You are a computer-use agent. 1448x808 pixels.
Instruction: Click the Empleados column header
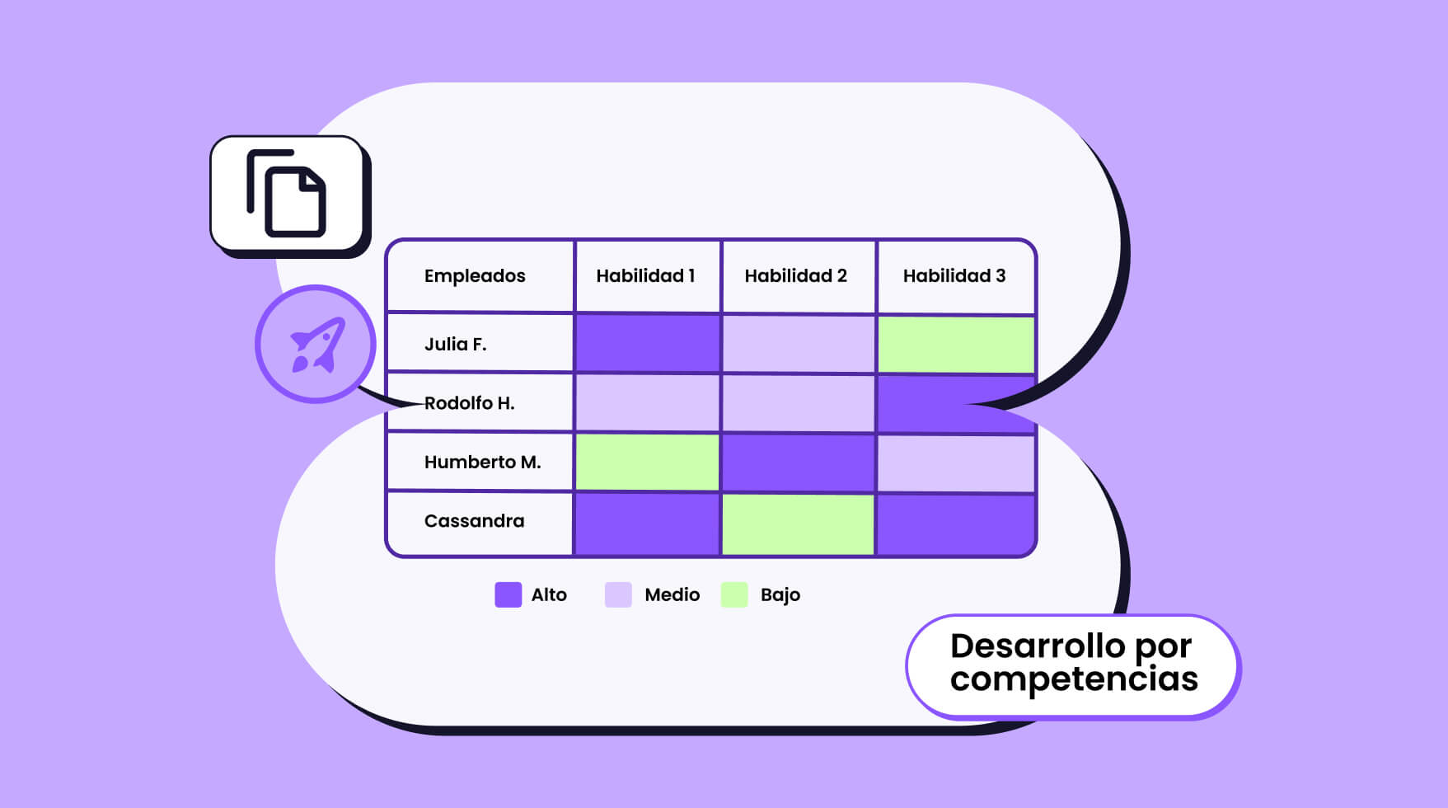pos(475,275)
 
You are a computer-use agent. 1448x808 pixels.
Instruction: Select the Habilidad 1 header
pos(645,275)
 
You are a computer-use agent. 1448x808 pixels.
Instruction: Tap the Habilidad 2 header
pos(795,275)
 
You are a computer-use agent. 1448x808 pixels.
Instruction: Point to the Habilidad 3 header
pos(954,275)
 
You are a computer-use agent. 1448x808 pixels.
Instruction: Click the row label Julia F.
pos(456,344)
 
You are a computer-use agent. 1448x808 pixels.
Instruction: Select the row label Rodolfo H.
pos(469,403)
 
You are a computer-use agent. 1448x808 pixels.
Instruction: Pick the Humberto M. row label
pos(483,462)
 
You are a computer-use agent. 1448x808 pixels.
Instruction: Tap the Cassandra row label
pos(474,521)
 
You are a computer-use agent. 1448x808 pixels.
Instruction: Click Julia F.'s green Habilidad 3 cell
pos(956,345)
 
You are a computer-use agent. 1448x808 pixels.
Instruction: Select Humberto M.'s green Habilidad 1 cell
pos(647,463)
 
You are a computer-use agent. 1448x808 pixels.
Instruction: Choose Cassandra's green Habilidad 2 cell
pos(798,524)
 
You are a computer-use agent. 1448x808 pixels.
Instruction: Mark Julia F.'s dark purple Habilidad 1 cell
pos(647,343)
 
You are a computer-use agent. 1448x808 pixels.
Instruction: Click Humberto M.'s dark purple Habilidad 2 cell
pos(798,463)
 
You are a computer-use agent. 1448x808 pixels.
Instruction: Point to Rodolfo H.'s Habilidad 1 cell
pos(647,403)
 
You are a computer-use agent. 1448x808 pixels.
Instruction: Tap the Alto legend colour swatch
pos(508,594)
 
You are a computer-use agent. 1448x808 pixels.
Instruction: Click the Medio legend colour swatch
pos(618,594)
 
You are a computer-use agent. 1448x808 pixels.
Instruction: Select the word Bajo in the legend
pos(780,595)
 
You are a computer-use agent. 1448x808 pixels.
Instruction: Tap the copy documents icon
pos(287,193)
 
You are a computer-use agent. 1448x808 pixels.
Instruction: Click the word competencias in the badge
pos(1074,679)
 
